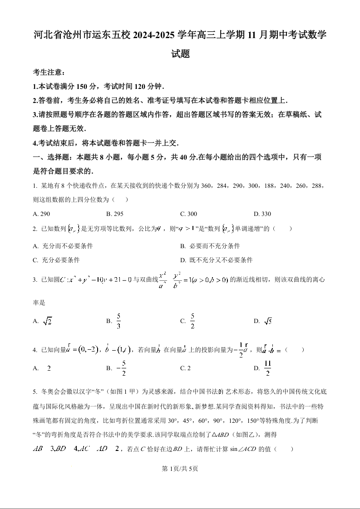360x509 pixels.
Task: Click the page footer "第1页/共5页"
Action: (180, 469)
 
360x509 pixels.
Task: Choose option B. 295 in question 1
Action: (115, 214)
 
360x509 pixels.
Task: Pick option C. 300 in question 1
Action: (188, 214)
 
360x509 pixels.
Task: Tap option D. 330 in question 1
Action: (262, 214)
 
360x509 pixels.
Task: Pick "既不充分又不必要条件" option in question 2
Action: (217, 260)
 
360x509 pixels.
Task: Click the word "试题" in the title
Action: (180, 54)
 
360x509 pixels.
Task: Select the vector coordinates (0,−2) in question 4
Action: (80, 350)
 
